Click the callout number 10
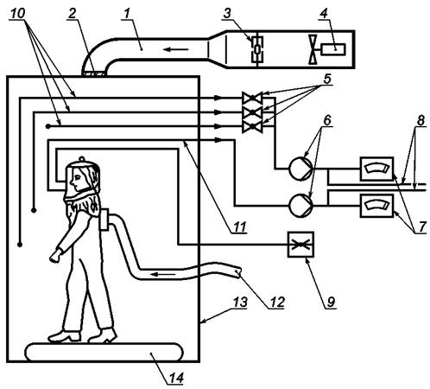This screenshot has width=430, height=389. (x=17, y=13)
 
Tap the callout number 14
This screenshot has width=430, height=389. (x=175, y=378)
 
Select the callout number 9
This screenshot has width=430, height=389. (x=331, y=302)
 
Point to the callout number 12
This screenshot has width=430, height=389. (x=276, y=302)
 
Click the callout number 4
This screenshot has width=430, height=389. (x=325, y=14)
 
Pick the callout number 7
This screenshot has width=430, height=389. (x=421, y=226)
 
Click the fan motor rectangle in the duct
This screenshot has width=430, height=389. (x=333, y=49)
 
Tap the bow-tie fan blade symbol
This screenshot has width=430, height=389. (x=313, y=49)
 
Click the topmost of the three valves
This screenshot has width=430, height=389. (x=252, y=99)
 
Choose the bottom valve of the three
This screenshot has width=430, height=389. (x=252, y=126)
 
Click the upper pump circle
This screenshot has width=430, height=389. (x=300, y=169)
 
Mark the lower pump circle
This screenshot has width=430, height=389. (x=300, y=206)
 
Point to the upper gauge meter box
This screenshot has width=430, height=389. (x=376, y=169)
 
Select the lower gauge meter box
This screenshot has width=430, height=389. (x=376, y=206)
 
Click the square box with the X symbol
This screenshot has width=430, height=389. (x=300, y=245)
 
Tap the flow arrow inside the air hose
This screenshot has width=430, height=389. (x=163, y=274)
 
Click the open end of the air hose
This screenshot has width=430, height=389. (x=237, y=272)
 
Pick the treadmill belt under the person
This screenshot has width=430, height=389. (x=104, y=352)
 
